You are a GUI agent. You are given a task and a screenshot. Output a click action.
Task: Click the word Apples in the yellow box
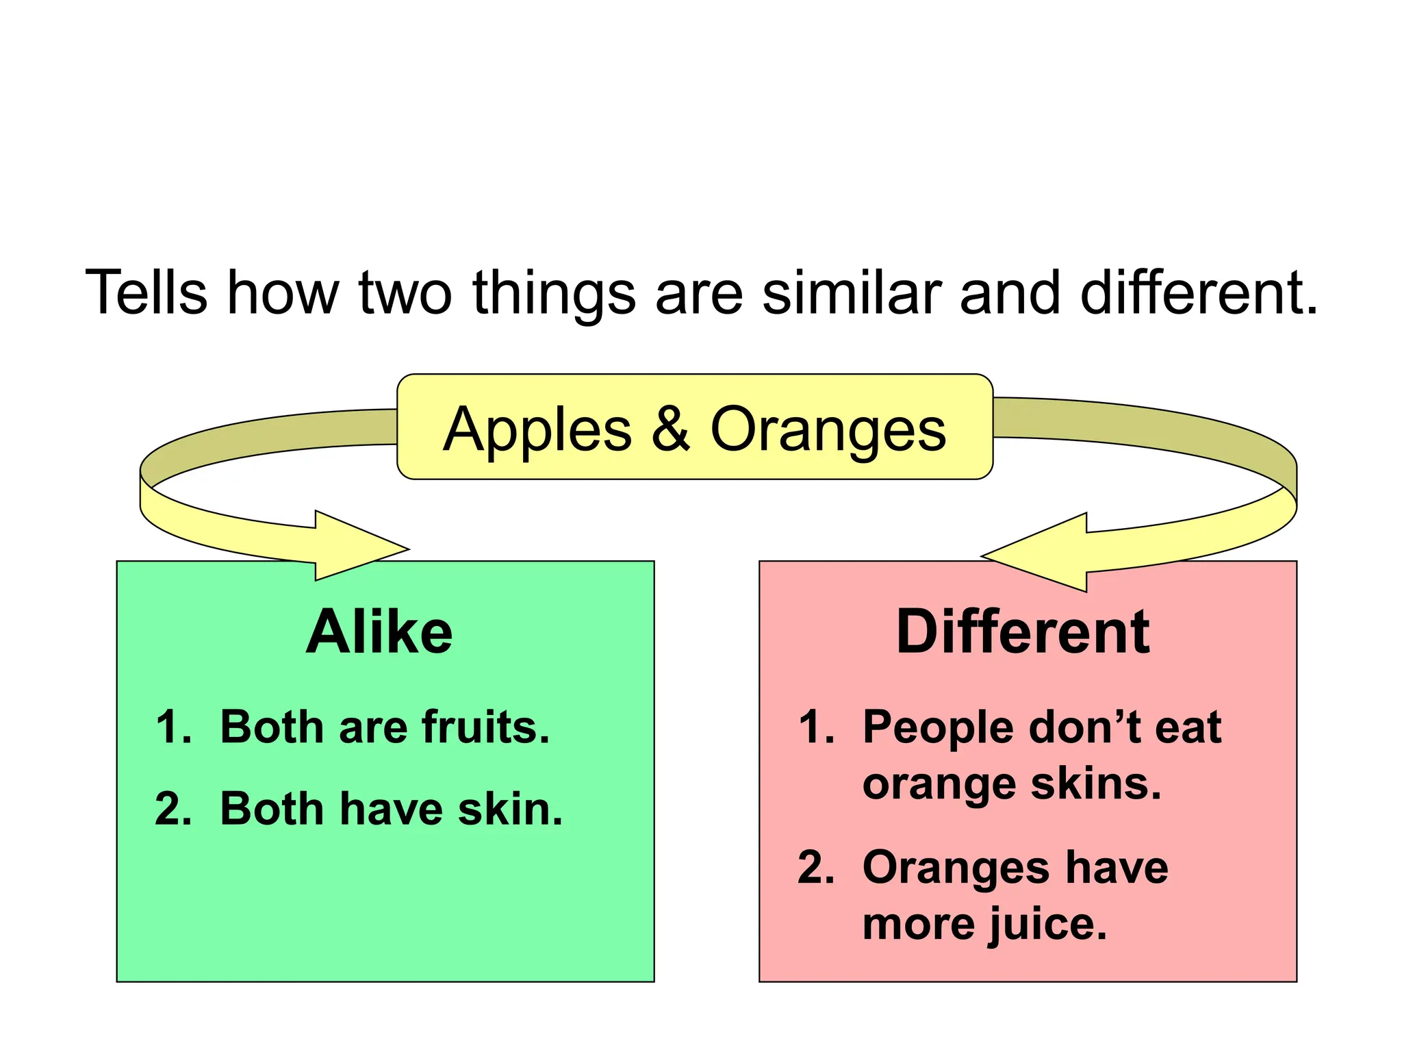point(537,430)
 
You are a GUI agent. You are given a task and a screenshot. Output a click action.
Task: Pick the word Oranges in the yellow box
point(828,430)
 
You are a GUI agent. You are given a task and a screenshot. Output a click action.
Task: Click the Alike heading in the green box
point(379,631)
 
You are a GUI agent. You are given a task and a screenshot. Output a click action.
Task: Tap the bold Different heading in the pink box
point(1023,631)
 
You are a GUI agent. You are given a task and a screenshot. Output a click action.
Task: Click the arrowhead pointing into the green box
point(363,547)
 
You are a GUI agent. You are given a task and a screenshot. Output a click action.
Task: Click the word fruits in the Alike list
point(485,727)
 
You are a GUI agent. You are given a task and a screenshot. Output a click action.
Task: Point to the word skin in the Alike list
point(510,809)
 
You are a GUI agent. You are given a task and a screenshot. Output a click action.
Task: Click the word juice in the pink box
point(1047,925)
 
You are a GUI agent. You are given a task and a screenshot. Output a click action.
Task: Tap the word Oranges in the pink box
point(955,868)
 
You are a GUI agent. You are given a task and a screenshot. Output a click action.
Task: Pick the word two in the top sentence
point(405,292)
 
